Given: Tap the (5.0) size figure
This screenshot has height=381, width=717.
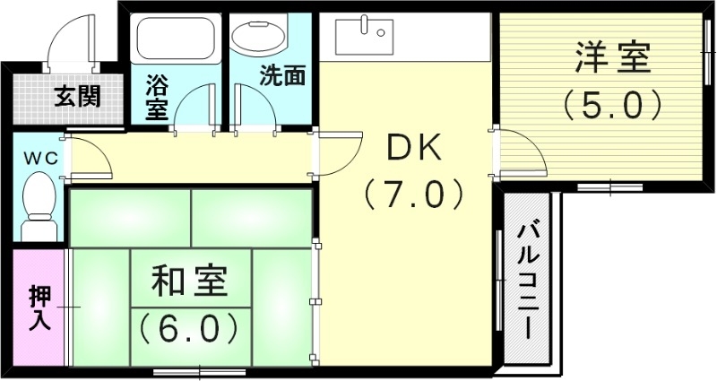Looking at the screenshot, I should point(612,106).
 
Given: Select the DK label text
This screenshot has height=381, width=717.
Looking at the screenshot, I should point(413,149).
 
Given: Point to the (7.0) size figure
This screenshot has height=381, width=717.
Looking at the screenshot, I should point(413,193).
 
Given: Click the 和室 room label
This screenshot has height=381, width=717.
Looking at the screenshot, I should point(189,283).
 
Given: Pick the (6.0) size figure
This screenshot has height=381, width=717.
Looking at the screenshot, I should point(189,327).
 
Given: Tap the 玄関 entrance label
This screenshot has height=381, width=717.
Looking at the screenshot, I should point(76,94).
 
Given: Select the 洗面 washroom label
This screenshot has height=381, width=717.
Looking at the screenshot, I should point(281,76).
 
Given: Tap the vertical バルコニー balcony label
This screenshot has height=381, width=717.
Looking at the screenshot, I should point(529,280).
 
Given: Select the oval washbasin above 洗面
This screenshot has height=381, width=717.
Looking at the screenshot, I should point(259,39).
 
